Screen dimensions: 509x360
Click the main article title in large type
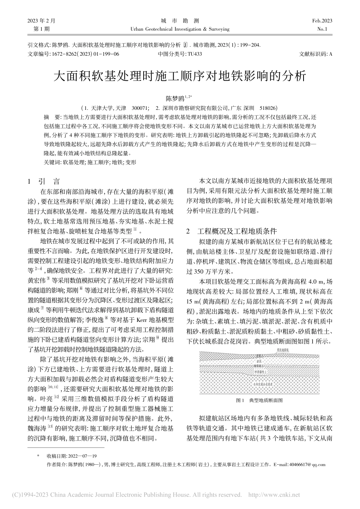(180, 76)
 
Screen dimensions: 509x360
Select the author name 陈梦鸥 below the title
(175, 98)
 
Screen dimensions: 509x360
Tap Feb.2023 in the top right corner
(322, 21)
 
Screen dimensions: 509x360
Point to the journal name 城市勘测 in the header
(180, 21)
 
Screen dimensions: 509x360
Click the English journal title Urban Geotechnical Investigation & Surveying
(180, 29)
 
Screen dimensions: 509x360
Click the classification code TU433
(195, 54)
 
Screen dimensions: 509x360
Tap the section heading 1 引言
(44, 182)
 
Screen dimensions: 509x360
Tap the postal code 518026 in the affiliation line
(268, 108)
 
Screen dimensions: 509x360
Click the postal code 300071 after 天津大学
(141, 108)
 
